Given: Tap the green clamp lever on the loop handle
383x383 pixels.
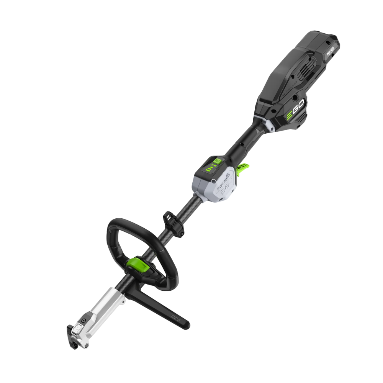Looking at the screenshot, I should tap(139, 264).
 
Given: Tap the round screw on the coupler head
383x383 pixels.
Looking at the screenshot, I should tap(83, 320).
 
